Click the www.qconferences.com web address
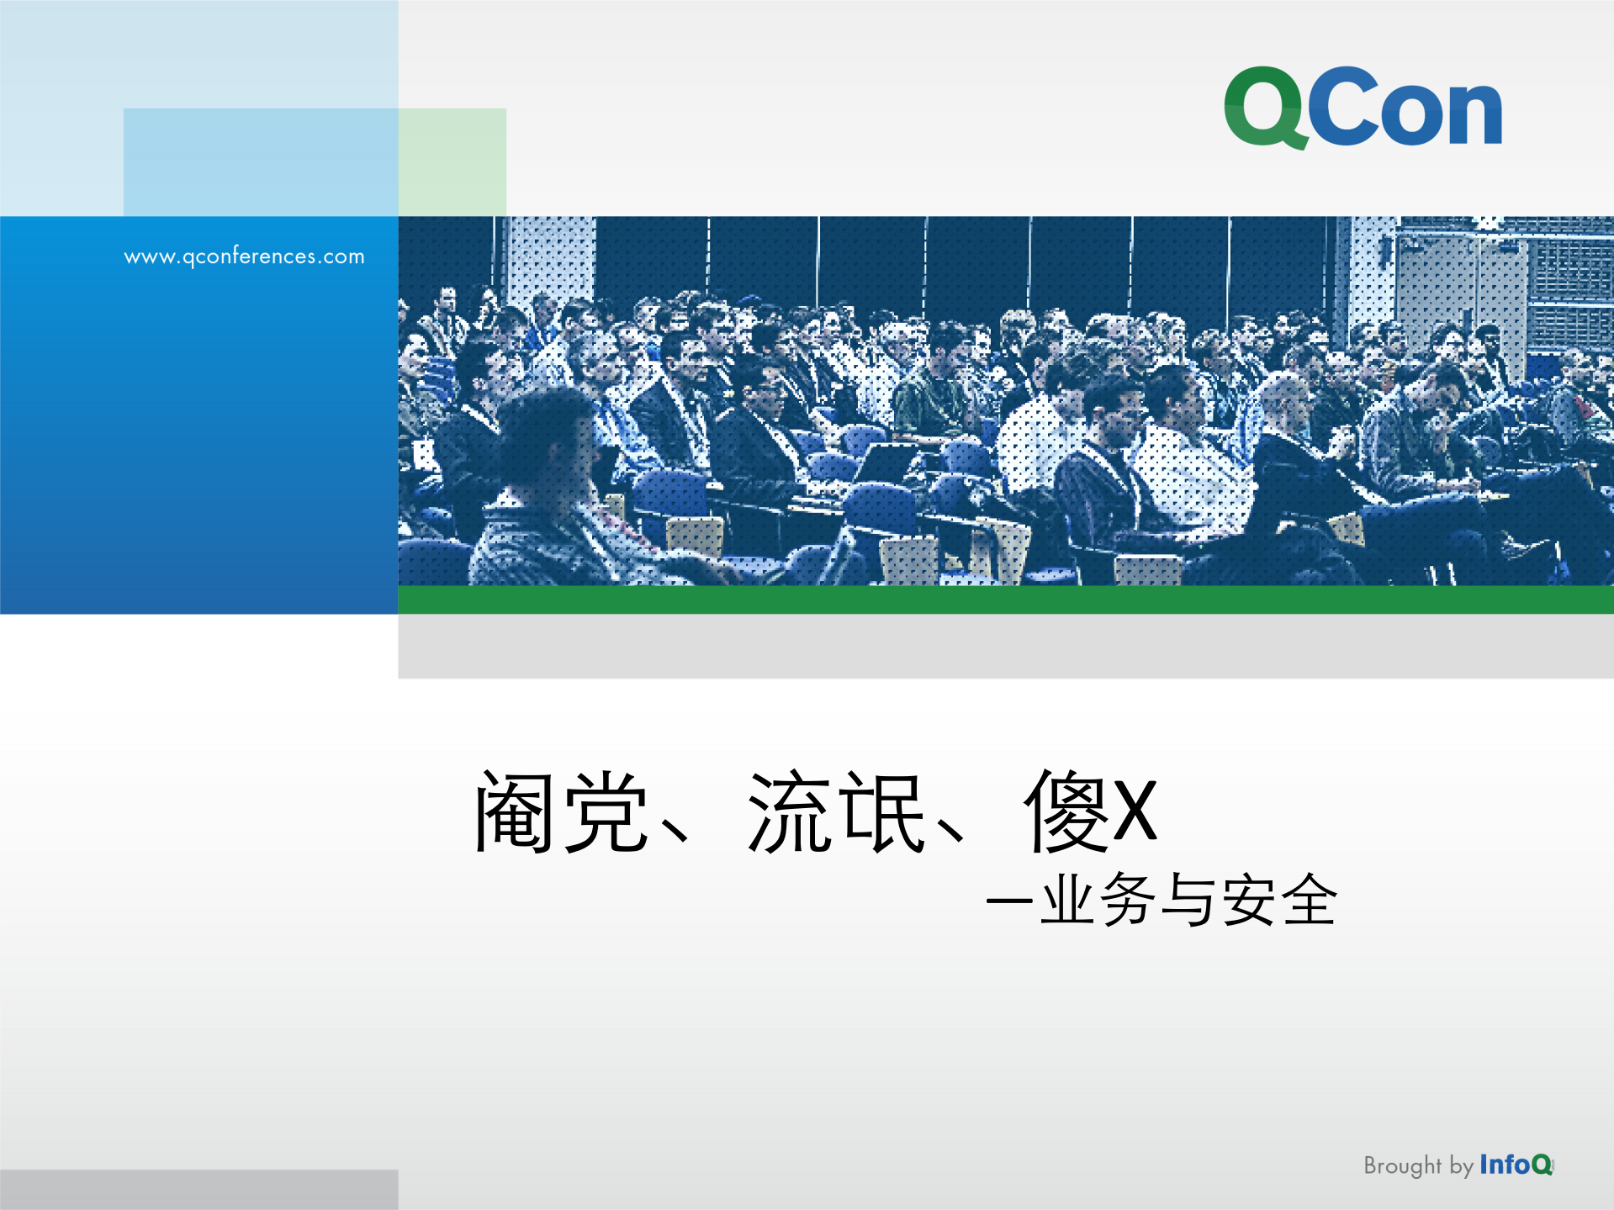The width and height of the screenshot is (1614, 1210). [x=244, y=256]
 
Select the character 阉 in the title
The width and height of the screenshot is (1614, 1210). [x=516, y=812]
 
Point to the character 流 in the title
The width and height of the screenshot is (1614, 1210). [x=790, y=812]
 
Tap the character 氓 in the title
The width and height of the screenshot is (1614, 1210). [x=882, y=812]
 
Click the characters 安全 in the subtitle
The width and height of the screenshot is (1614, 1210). [x=1279, y=901]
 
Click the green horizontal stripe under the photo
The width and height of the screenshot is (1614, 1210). [x=1005, y=600]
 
